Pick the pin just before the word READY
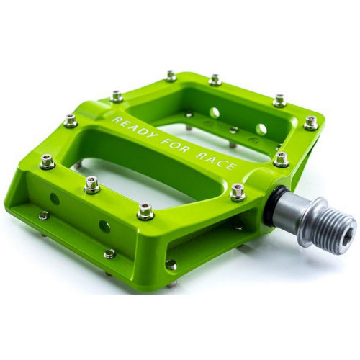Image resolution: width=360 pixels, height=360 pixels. click(x=70, y=120)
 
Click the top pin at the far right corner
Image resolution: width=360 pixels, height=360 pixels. click(x=310, y=122)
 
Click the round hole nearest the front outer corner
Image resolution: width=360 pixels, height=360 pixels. click(x=55, y=199)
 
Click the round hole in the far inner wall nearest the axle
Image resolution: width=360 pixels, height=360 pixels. click(x=261, y=130)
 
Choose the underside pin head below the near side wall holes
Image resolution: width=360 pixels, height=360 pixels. click(x=109, y=253)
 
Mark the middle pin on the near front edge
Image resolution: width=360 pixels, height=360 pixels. click(x=91, y=185)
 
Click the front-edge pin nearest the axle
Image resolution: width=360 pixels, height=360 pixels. click(x=145, y=210)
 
